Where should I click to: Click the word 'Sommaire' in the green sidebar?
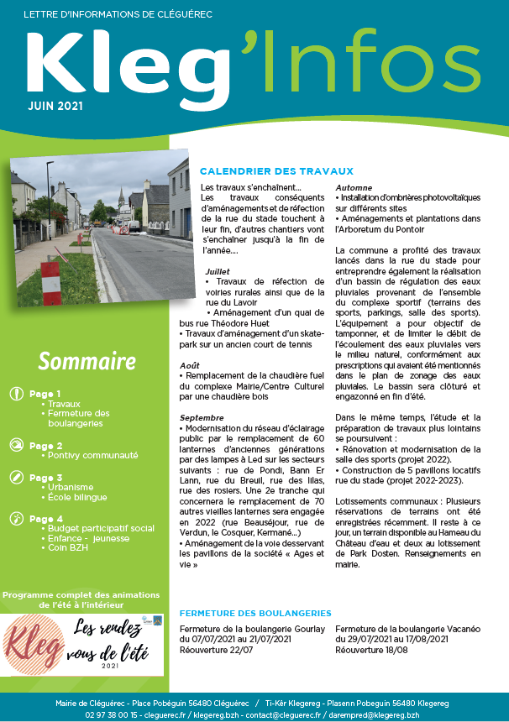click(87, 361)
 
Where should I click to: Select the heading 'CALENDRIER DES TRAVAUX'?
click(265, 171)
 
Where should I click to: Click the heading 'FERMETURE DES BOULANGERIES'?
click(255, 614)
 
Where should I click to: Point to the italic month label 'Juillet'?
click(218, 271)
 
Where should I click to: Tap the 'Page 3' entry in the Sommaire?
click(45, 478)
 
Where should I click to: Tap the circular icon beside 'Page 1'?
click(16, 394)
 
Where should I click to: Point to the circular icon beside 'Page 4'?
click(16, 519)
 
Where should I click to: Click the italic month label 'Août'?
click(190, 365)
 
